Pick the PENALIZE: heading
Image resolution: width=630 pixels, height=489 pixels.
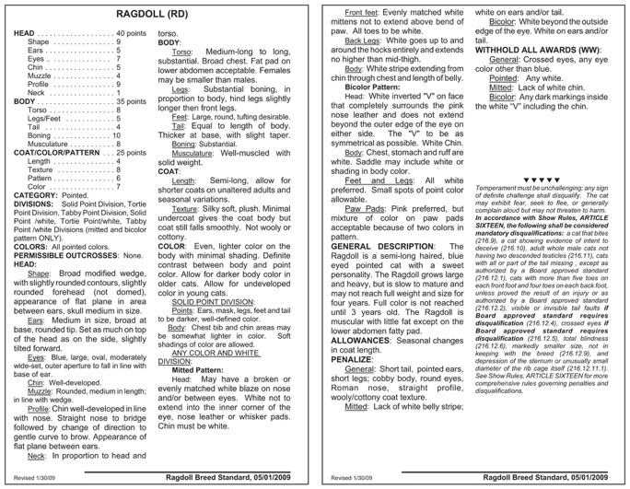354,359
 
